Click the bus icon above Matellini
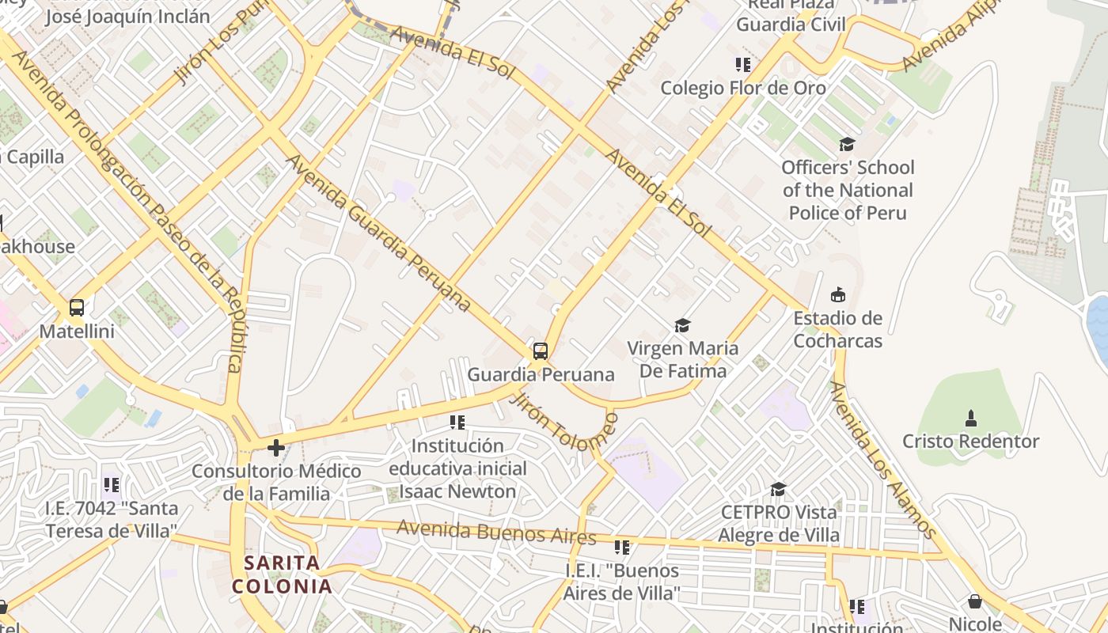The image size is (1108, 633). (x=77, y=308)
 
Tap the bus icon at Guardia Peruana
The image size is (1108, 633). (x=541, y=351)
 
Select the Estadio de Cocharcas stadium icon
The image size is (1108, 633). (x=838, y=295)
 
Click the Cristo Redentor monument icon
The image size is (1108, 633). (x=971, y=418)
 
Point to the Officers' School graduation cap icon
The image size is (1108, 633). (x=848, y=144)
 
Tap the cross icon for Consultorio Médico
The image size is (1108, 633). (x=275, y=448)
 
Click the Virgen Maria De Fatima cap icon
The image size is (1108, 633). (x=682, y=325)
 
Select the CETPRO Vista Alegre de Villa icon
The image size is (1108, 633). (x=779, y=489)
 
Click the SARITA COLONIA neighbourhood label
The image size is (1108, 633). (x=282, y=574)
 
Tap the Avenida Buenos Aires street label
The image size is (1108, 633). (x=496, y=532)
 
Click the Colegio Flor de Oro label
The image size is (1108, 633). (x=743, y=88)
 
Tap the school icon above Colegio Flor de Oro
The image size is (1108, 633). (x=742, y=64)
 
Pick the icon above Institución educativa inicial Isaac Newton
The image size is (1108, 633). (x=457, y=423)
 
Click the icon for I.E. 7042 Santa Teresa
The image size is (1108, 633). (x=111, y=484)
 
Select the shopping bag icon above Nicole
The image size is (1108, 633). (x=975, y=601)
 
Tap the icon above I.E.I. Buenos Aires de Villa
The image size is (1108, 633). (x=622, y=547)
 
